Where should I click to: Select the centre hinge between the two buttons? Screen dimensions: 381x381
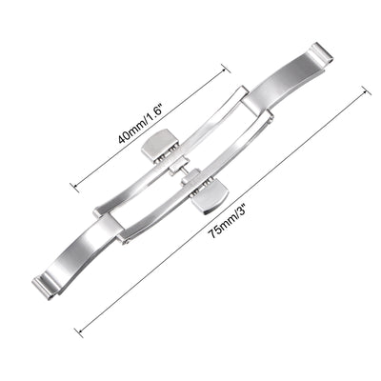click(186, 173)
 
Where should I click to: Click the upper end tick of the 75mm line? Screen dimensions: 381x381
click(368, 90)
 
